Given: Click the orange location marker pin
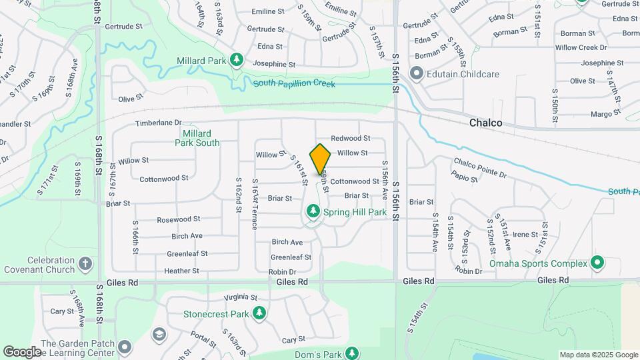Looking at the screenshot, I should (x=321, y=159).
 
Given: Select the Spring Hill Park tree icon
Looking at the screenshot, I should (x=313, y=212).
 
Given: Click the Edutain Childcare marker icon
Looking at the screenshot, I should (x=417, y=74).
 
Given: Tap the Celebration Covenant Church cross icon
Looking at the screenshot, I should (x=85, y=263).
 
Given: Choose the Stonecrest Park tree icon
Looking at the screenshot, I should (x=259, y=313).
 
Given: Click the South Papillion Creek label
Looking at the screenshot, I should (x=294, y=84).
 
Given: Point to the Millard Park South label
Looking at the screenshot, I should (x=197, y=138).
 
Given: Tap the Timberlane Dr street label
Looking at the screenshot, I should (x=159, y=123).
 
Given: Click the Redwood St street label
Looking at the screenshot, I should (x=351, y=138).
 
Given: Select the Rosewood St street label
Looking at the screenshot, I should (x=178, y=219).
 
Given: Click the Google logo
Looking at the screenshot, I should (x=22, y=351).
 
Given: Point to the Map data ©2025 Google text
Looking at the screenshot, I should (x=598, y=355).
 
